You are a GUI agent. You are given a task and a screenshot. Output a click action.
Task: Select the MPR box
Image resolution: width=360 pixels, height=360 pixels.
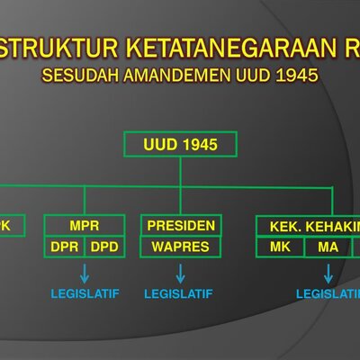[84, 225]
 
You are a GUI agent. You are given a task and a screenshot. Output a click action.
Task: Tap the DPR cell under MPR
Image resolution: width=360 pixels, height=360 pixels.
[64, 246]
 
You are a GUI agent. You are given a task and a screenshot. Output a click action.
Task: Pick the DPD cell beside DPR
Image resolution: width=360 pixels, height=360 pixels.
[104, 246]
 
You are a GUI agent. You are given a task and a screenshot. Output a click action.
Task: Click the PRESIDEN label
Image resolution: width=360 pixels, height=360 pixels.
[180, 225]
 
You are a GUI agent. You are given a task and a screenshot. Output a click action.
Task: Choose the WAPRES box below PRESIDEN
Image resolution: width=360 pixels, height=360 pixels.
[180, 246]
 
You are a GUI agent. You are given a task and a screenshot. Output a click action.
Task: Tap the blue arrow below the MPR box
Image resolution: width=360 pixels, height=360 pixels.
[85, 273]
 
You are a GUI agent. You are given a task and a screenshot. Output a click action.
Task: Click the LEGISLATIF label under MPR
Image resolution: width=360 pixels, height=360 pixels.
[85, 294]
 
